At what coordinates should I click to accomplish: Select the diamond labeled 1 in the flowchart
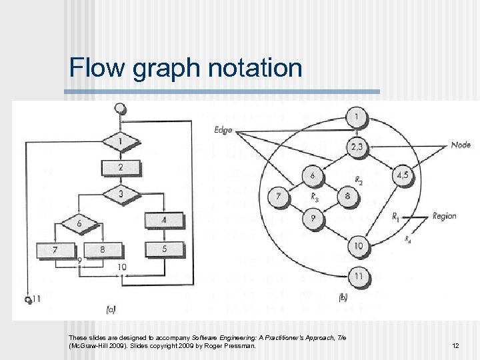[x=120, y=142]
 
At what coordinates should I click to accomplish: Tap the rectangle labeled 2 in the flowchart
[x=121, y=167]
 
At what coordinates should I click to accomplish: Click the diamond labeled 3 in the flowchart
[x=121, y=194]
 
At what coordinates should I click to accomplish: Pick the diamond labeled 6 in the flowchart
[x=79, y=223]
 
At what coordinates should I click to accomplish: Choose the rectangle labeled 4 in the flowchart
[x=163, y=220]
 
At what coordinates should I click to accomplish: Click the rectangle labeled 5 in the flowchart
[x=163, y=249]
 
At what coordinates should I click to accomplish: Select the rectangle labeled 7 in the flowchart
[x=55, y=250]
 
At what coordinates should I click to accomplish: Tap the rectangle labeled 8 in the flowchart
[x=103, y=250]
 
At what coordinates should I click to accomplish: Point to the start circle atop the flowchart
[x=119, y=108]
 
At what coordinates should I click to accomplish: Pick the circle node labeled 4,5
[x=403, y=177]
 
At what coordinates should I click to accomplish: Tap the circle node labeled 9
[x=311, y=218]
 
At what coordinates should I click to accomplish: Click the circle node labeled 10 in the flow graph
[x=358, y=246]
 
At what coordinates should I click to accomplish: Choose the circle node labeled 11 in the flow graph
[x=358, y=275]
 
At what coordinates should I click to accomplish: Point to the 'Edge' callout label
[x=223, y=130]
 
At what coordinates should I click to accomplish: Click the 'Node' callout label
[x=461, y=145]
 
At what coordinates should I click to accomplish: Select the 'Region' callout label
[x=444, y=216]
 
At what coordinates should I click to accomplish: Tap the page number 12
[x=455, y=346]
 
